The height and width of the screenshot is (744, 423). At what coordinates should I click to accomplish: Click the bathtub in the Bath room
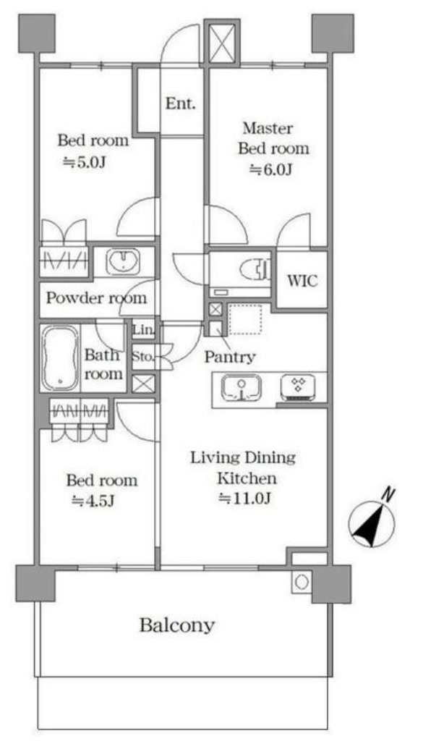pyautogui.click(x=60, y=358)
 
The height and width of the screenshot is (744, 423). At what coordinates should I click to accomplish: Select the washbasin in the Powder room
pyautogui.click(x=123, y=261)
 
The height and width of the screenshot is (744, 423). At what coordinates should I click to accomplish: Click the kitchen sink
pyautogui.click(x=242, y=388)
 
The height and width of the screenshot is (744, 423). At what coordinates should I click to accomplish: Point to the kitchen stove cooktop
pyautogui.click(x=297, y=386)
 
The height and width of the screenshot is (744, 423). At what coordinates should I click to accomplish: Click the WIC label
pyautogui.click(x=302, y=281)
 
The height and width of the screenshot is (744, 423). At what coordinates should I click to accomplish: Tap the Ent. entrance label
pyautogui.click(x=180, y=103)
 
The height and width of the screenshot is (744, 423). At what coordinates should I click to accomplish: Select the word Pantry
pyautogui.click(x=230, y=357)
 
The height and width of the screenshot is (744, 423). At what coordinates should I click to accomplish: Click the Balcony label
pyautogui.click(x=177, y=625)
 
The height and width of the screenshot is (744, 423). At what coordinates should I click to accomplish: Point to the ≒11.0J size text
pyautogui.click(x=244, y=498)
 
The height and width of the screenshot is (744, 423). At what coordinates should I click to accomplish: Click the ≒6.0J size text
pyautogui.click(x=270, y=169)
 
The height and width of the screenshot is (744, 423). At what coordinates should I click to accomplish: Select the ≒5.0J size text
pyautogui.click(x=84, y=162)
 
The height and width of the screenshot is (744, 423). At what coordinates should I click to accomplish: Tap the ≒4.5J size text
pyautogui.click(x=93, y=501)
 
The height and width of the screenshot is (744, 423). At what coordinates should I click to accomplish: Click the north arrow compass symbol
pyautogui.click(x=372, y=520)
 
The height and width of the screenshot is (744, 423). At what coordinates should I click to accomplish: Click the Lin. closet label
pyautogui.click(x=143, y=329)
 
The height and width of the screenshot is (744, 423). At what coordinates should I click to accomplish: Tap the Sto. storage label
pyautogui.click(x=143, y=355)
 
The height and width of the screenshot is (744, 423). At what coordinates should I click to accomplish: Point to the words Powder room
pyautogui.click(x=96, y=298)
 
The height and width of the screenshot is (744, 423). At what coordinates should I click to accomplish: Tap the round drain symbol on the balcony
pyautogui.click(x=302, y=582)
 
